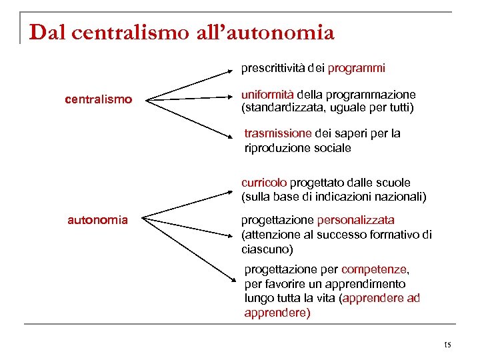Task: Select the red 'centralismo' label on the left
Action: click(x=98, y=100)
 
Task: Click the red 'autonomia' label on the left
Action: click(x=97, y=219)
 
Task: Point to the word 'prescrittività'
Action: click(x=272, y=68)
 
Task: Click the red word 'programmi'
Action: click(x=356, y=68)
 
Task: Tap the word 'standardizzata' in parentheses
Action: click(x=279, y=107)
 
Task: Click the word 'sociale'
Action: click(x=332, y=148)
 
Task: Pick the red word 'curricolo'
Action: click(x=265, y=183)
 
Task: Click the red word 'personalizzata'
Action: click(x=355, y=219)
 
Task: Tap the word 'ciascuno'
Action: click(x=267, y=249)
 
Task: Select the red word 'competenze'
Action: click(x=375, y=269)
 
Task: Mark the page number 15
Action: click(x=447, y=345)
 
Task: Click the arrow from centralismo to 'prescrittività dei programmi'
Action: click(x=190, y=85)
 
